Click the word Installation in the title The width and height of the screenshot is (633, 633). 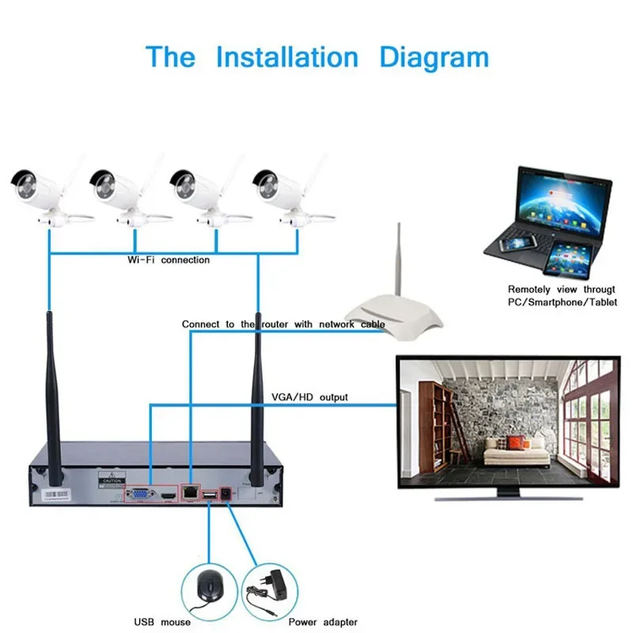point(287,58)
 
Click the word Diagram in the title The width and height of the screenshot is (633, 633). point(434,58)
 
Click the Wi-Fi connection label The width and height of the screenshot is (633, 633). point(169,260)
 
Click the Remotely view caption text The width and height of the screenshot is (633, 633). point(562,296)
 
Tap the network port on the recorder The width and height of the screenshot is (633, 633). point(191,492)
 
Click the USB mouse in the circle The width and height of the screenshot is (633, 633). point(208,586)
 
